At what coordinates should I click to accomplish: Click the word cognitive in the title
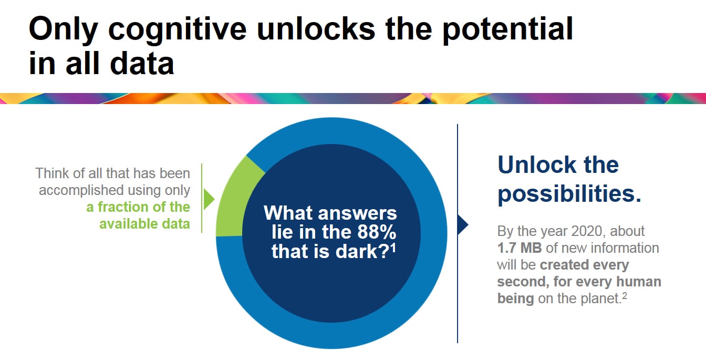click(177, 30)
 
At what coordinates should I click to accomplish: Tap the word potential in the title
click(508, 30)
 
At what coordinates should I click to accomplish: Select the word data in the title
click(142, 64)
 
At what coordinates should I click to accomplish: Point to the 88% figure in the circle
click(377, 232)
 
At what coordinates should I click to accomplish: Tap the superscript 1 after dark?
click(393, 248)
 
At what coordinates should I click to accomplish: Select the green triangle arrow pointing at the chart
click(209, 199)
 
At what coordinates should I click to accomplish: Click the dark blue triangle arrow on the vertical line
click(463, 225)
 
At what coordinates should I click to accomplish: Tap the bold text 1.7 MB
click(520, 248)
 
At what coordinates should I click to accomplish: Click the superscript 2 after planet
click(625, 296)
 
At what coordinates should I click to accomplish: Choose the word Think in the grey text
click(51, 173)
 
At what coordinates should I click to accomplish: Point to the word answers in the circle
click(357, 213)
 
